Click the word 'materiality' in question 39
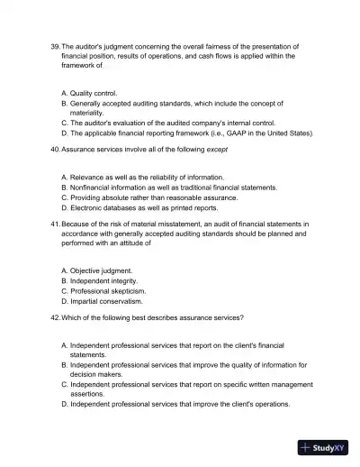click(89, 113)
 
